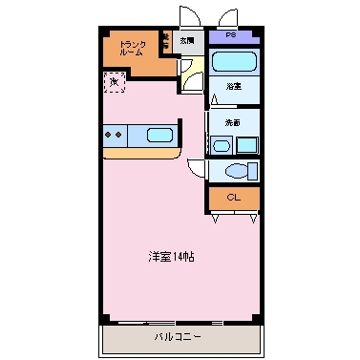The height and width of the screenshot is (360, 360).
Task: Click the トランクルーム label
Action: click(131, 49)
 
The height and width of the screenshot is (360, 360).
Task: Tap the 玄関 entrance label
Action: click(187, 41)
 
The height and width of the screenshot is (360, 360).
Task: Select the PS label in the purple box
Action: click(232, 36)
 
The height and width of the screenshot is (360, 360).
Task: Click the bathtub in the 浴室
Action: click(234, 63)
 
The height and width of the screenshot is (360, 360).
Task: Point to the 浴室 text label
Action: click(232, 87)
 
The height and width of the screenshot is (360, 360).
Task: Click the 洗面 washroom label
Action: click(232, 123)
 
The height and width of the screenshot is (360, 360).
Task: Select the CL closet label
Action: click(233, 199)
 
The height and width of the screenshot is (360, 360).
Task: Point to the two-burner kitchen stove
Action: click(115, 135)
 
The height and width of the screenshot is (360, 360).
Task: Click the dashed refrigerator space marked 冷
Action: click(115, 84)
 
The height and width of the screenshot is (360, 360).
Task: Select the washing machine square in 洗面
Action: click(247, 145)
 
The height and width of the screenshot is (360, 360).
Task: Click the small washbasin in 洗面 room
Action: click(221, 146)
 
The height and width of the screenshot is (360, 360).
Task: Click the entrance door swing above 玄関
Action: click(186, 17)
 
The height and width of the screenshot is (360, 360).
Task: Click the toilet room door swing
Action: click(198, 169)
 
